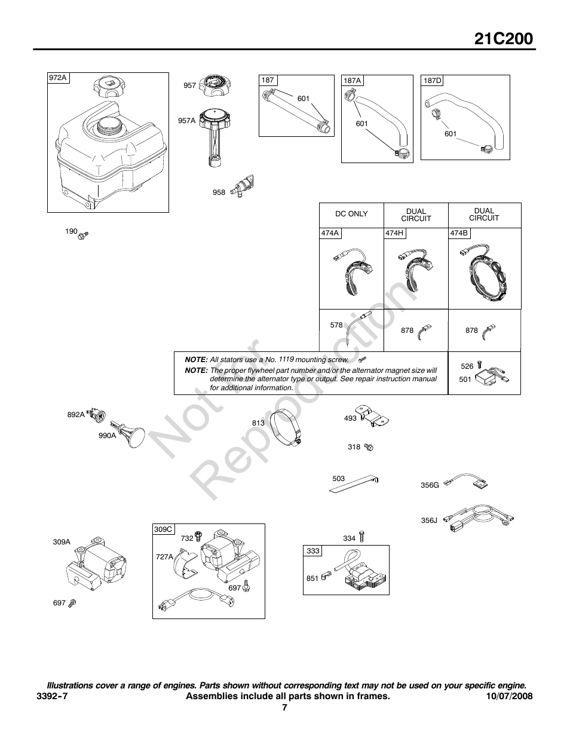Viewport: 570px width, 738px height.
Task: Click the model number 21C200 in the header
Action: point(504,39)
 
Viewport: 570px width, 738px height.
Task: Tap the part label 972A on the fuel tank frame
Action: point(58,78)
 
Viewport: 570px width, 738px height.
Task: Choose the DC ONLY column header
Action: point(351,214)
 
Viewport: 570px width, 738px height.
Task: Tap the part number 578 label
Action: point(336,325)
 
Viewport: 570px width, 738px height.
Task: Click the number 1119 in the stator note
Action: point(286,359)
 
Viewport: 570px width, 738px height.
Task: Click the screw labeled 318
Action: point(369,447)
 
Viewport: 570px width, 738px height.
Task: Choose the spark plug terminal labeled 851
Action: point(326,577)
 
